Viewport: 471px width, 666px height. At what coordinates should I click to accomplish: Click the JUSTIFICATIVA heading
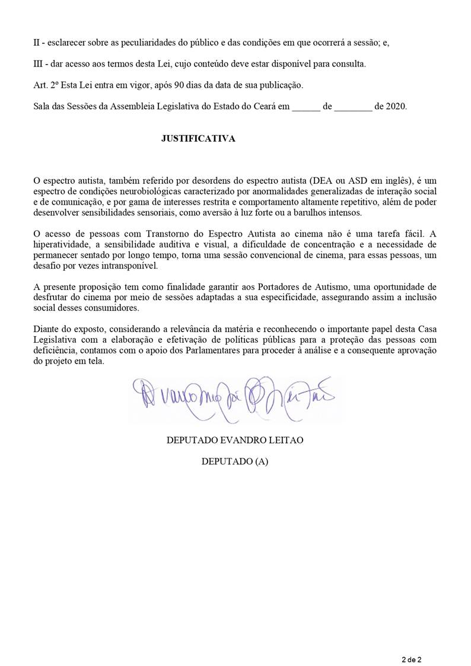click(198, 139)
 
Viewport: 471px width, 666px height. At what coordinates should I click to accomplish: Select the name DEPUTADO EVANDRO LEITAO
click(235, 440)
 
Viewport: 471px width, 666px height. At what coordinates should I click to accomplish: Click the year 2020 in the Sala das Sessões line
click(396, 107)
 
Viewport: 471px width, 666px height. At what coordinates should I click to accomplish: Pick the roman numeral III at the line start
click(39, 64)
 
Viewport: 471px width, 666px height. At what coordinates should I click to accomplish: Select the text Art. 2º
click(46, 85)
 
